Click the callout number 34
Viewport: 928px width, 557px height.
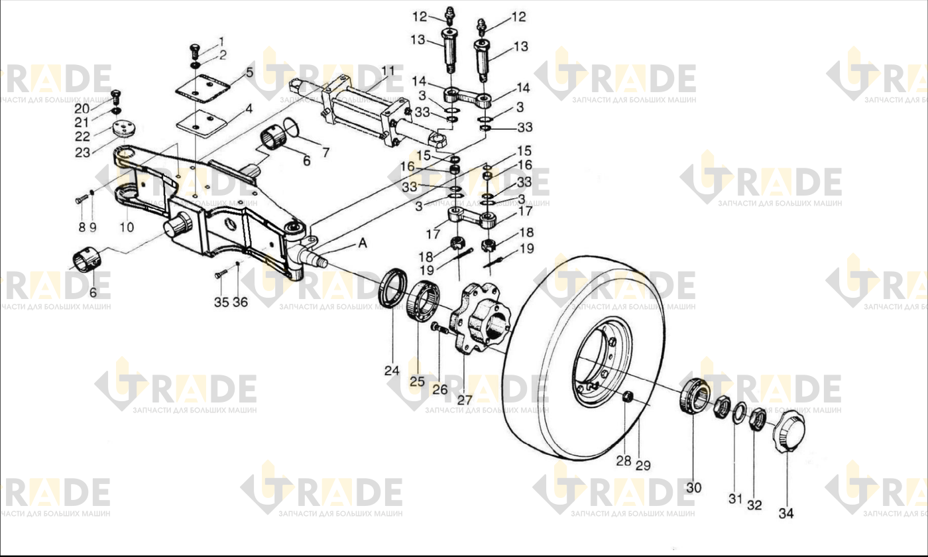click(786, 513)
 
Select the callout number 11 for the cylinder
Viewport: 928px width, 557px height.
click(389, 72)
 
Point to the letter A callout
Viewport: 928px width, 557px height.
click(363, 243)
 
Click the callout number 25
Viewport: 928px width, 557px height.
click(417, 382)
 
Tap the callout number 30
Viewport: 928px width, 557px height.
click(693, 488)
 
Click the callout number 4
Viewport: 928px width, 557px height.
click(249, 109)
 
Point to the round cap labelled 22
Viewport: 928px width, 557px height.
click(125, 129)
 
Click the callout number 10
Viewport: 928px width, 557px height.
click(127, 227)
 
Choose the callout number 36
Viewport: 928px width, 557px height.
click(240, 302)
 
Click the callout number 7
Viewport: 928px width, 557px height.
click(325, 153)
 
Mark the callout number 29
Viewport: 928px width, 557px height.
click(643, 465)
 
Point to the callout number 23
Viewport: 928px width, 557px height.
click(82, 153)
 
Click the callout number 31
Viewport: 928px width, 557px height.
click(735, 499)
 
